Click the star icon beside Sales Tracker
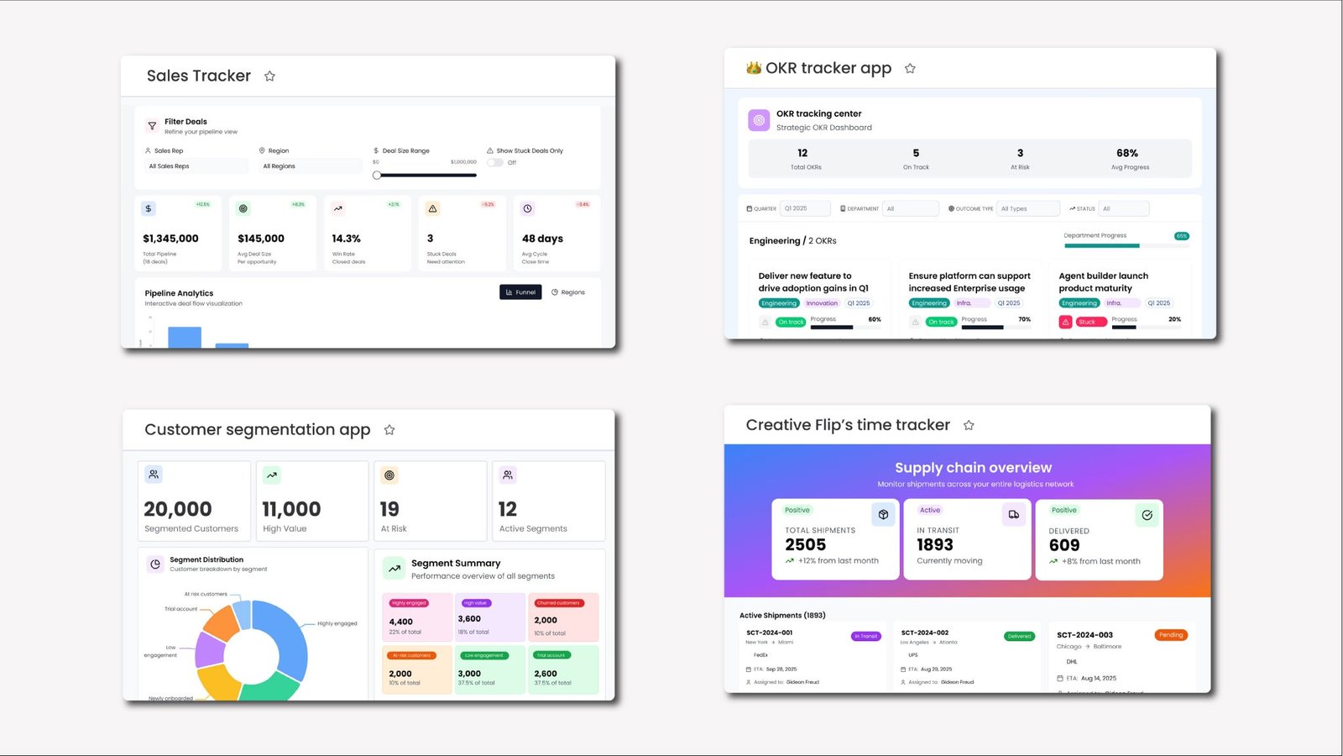tap(269, 76)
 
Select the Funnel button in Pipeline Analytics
tap(520, 292)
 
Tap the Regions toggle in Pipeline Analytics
tap(568, 292)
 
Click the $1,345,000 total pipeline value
tap(170, 239)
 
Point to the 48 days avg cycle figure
tap(542, 239)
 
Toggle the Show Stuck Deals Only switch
tap(494, 163)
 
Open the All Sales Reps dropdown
tap(196, 166)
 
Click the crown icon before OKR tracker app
tap(754, 68)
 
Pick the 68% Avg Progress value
tap(1127, 153)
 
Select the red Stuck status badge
tap(1087, 322)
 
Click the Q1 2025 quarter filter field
tap(804, 208)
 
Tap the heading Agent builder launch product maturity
tap(1103, 281)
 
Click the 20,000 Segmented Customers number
tap(178, 509)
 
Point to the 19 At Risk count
tap(389, 509)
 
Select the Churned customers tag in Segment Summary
tap(558, 603)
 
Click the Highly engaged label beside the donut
tap(337, 623)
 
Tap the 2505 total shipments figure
tap(806, 544)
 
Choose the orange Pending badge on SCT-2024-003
tap(1171, 635)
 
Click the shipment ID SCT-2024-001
tap(769, 633)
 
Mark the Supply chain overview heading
tap(973, 468)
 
